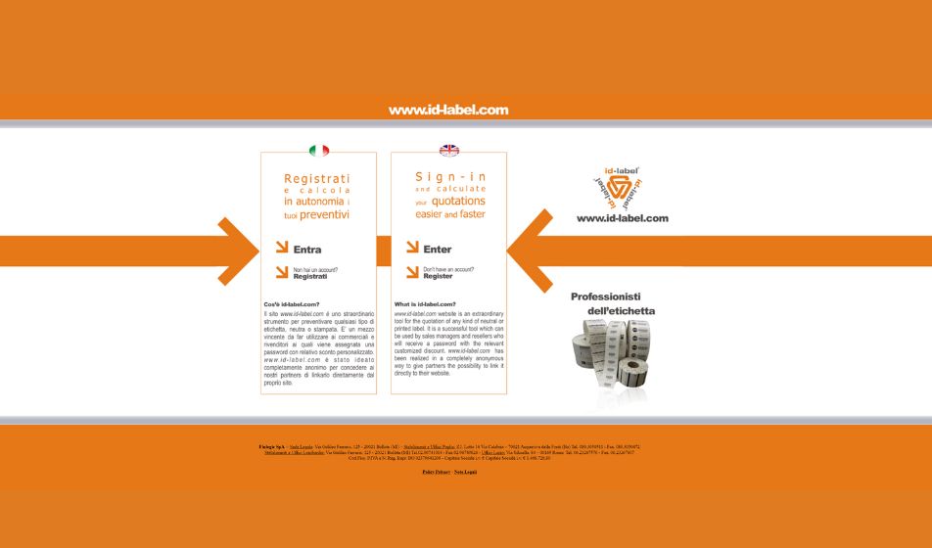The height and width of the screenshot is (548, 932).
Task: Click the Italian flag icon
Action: (319, 151)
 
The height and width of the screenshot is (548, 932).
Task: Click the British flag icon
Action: (449, 151)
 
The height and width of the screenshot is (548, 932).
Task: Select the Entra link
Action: (307, 250)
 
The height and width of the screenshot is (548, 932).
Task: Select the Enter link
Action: (438, 250)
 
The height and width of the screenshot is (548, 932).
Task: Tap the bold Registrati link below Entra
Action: (310, 277)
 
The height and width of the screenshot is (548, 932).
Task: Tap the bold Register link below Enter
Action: (438, 276)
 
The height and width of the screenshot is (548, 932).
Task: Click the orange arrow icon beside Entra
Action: (282, 248)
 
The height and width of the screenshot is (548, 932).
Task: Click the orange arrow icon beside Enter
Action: (412, 248)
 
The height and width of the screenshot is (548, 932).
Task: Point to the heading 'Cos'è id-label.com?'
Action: (292, 304)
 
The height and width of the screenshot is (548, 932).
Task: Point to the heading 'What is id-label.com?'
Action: (425, 304)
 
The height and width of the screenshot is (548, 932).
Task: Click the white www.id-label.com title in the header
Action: (448, 111)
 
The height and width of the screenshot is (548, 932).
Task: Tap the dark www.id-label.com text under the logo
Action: (623, 218)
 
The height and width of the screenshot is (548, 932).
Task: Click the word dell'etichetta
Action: (622, 311)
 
